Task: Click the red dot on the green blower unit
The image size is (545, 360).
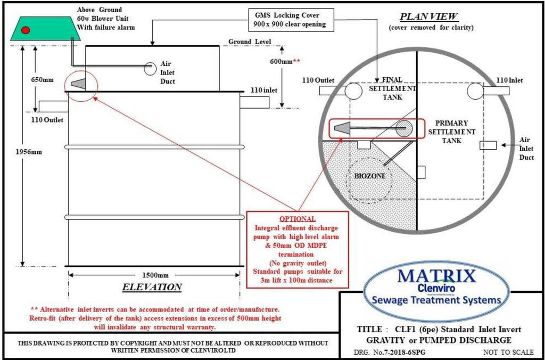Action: tap(25, 30)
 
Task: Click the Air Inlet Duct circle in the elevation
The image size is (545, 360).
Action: tap(150, 69)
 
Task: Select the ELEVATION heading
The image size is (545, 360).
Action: tap(152, 287)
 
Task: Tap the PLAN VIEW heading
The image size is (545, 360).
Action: tap(429, 17)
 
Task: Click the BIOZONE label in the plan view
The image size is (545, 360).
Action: tap(369, 176)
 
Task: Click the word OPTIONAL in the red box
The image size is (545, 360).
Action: tap(298, 219)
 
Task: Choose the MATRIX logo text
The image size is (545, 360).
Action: tap(436, 276)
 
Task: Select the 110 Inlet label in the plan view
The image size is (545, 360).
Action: tap(509, 81)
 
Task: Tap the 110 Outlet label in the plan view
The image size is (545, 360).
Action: tap(318, 81)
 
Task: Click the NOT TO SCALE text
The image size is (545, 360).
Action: tap(508, 352)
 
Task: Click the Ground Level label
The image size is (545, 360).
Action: tap(250, 42)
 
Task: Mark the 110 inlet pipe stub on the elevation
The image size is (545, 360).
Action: tap(254, 102)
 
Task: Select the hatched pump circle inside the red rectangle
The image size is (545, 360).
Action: tap(404, 128)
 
